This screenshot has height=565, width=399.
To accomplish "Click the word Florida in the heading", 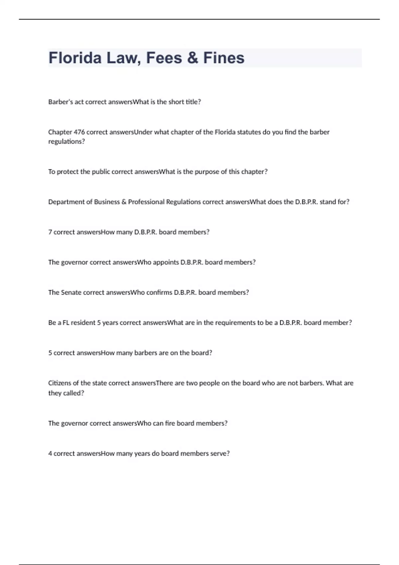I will point(75,58).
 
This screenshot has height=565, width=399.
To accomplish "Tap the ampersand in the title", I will point(193,58).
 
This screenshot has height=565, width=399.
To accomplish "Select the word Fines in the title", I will point(224,58).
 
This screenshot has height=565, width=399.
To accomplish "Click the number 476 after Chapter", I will point(79,132).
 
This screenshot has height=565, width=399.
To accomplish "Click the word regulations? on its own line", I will point(66,142).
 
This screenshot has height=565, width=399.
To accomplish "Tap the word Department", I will point(65,202).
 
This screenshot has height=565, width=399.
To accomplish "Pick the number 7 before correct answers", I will point(50,232).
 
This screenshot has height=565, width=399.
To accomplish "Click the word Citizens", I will point(60,383).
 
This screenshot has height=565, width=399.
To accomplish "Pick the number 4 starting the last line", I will point(50,454).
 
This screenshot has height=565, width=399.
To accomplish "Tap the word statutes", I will point(249,132).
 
